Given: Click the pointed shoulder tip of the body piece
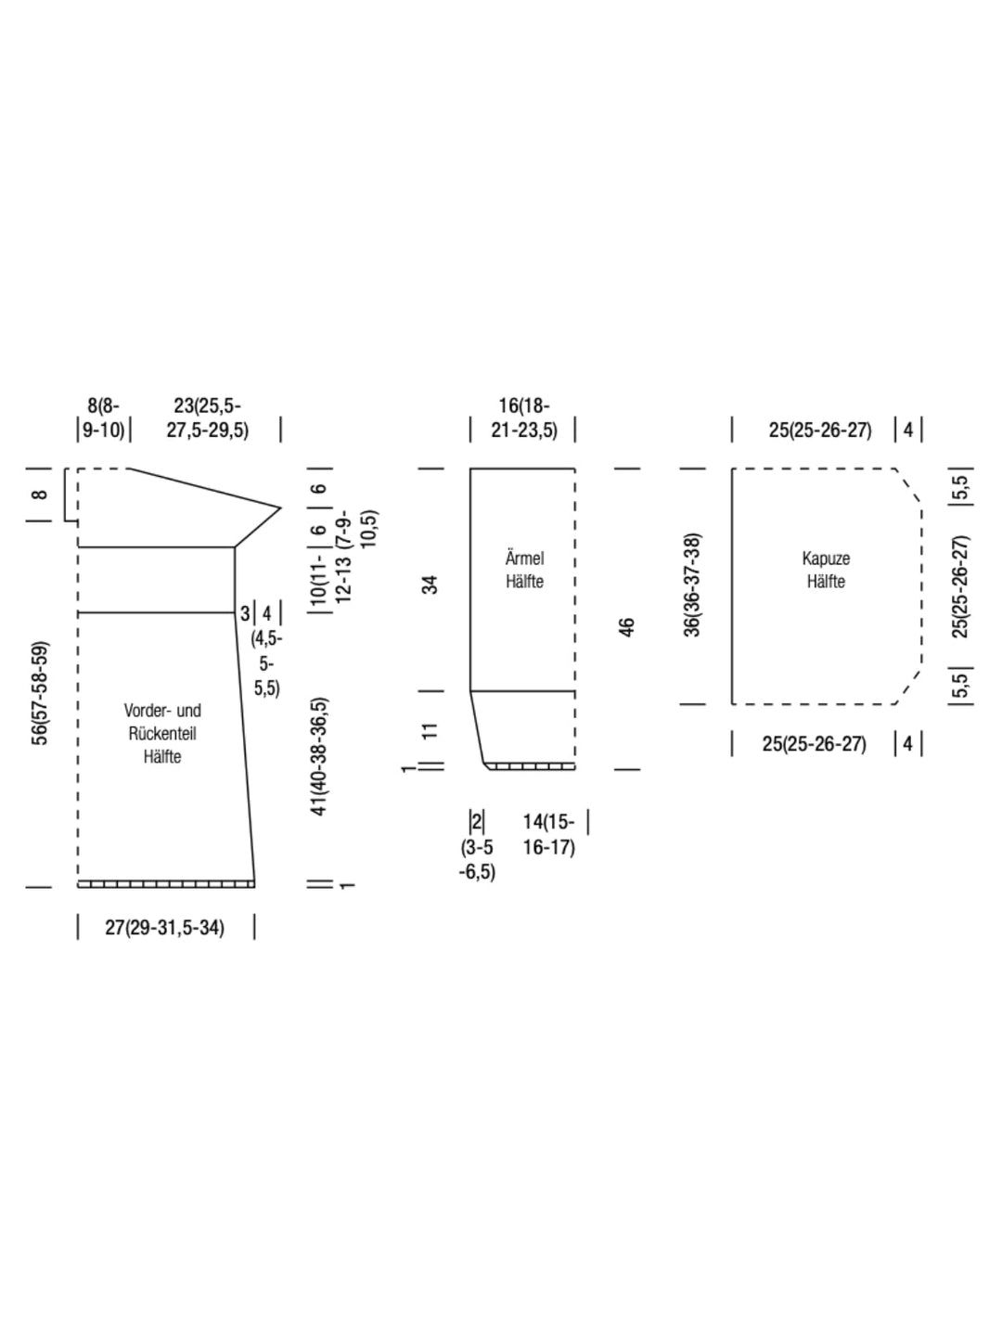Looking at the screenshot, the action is pos(280,507).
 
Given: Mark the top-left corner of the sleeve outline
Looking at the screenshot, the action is pos(470,469).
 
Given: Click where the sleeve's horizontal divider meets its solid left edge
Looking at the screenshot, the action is pos(470,691).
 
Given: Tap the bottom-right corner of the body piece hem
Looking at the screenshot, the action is pos(254,887).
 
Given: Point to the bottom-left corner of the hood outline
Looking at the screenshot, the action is pos(732,704).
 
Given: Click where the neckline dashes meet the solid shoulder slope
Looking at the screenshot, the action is pos(130,469).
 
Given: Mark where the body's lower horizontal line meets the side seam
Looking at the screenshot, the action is pos(236,612).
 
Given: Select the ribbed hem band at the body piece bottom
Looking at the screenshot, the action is pos(165,884).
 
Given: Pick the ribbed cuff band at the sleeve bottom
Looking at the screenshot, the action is pos(529,765).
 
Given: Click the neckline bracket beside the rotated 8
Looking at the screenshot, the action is pos(71,495).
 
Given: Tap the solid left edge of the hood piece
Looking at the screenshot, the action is pos(732,586).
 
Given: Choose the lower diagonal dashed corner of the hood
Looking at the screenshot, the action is pos(908,687).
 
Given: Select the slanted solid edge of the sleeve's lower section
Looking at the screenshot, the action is pos(478,728).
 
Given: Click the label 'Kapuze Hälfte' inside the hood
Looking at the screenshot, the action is pos(826,570).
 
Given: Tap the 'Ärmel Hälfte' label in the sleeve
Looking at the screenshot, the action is pos(524,570).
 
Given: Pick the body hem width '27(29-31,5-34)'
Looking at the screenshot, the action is pos(165,928).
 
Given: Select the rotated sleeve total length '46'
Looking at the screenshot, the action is pos(626,627).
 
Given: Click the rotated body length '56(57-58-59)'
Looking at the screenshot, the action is pos(40,693).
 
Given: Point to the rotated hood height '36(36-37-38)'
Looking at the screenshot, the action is pos(693,584).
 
